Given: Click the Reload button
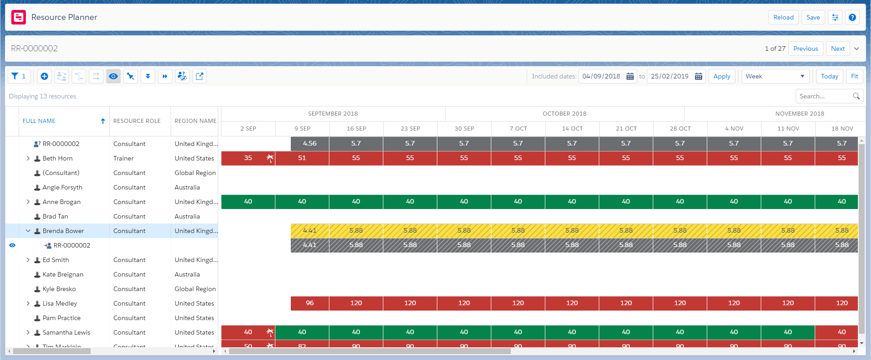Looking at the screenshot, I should (x=783, y=17).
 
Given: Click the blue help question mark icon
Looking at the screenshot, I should (x=852, y=17).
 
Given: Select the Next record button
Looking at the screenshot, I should (x=837, y=49).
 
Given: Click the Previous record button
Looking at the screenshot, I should (x=805, y=49).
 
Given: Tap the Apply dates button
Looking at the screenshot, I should (x=721, y=76).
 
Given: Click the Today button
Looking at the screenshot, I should (x=829, y=76).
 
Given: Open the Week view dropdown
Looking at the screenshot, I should (x=775, y=76).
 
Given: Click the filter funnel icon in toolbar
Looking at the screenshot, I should (x=15, y=76).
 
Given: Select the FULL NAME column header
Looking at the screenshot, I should (x=39, y=121).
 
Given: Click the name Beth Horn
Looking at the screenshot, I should (x=58, y=158).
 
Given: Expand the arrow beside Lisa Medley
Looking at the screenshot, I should (x=28, y=303).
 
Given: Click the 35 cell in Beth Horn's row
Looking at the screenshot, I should (x=248, y=158).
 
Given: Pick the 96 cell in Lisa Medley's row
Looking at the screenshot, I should (x=309, y=303).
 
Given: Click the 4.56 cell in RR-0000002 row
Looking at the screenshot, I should (x=309, y=144).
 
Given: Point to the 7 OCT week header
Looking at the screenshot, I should (x=518, y=129).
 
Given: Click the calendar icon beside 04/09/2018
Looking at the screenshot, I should (x=630, y=76).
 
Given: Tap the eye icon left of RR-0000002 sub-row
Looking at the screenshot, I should (x=12, y=245).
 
